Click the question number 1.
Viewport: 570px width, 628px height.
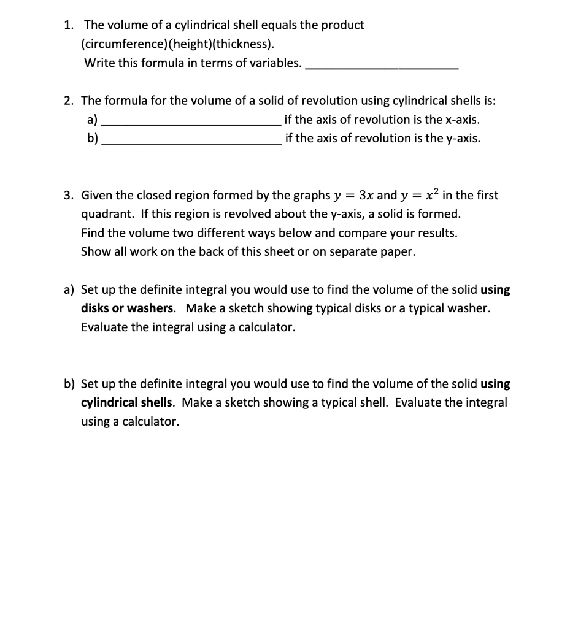(x=69, y=25)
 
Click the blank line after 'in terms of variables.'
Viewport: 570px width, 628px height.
(x=381, y=66)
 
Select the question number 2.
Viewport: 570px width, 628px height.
(x=69, y=101)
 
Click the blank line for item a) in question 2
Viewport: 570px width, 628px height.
(x=191, y=123)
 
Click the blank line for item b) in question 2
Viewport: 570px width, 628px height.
(x=191, y=142)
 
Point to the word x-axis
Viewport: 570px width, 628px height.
(x=461, y=120)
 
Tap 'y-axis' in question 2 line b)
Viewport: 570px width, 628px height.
(x=461, y=138)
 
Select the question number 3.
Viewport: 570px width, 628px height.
(x=69, y=196)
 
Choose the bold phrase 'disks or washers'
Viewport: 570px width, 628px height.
(x=130, y=308)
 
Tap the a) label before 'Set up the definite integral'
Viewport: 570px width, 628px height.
(x=69, y=289)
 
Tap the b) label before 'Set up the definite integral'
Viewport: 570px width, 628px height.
(x=69, y=384)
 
